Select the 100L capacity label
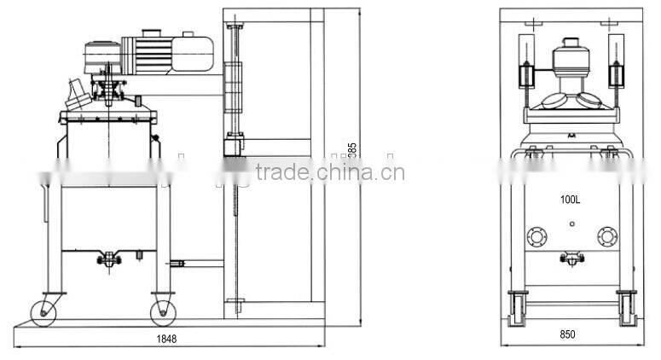pos(571,200)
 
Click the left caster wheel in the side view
pos(48,309)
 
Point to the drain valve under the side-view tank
pos(107,255)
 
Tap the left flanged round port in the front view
pos(537,236)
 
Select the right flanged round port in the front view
pos(606,236)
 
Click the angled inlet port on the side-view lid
pos(76,89)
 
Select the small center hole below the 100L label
pos(571,224)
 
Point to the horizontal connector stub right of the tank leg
pos(178,264)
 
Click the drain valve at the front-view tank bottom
pos(571,256)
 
